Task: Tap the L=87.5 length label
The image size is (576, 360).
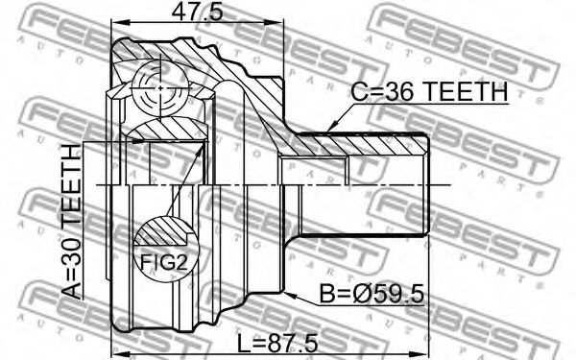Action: point(277,344)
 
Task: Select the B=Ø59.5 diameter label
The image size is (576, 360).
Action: point(372,295)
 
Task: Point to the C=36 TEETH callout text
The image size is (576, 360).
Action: point(429,92)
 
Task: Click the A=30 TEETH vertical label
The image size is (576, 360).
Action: point(71,222)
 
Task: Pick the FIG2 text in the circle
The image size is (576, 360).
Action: point(164,262)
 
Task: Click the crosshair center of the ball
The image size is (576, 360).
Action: point(161,88)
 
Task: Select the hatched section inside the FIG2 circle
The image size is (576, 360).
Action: point(161,232)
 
